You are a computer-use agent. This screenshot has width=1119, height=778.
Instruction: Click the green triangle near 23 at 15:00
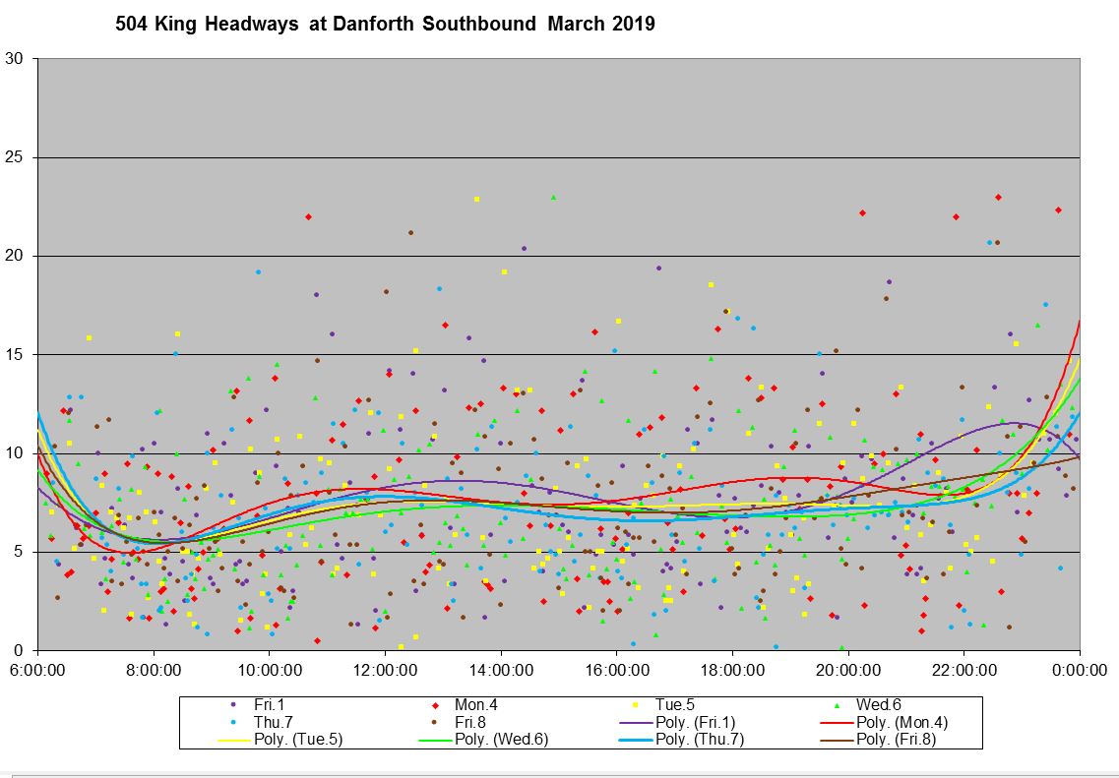553,198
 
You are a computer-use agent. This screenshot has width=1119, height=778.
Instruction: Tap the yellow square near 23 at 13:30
476,200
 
